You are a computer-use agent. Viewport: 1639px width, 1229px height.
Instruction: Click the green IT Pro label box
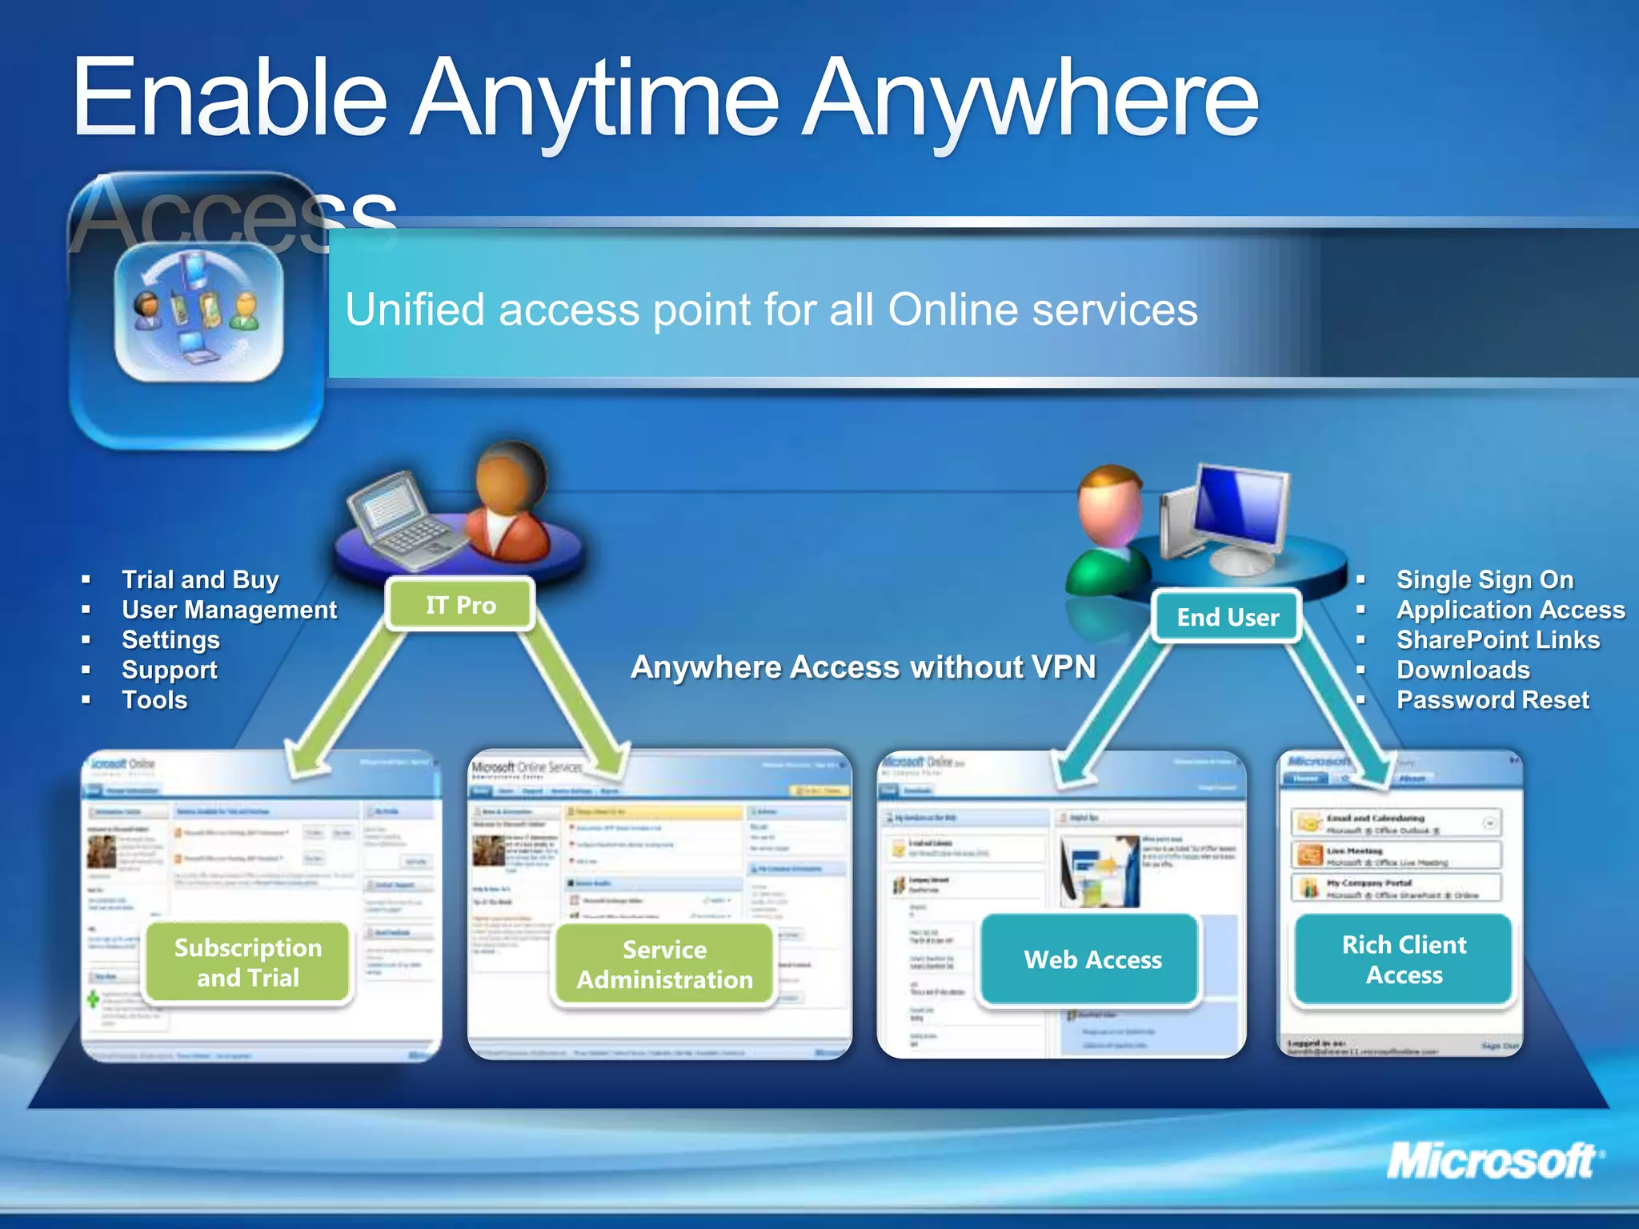(460, 605)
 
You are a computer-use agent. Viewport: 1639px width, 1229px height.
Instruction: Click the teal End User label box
(1228, 617)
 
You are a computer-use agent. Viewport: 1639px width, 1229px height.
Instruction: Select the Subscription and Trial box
(248, 963)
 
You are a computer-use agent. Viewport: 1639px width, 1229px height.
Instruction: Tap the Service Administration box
(664, 964)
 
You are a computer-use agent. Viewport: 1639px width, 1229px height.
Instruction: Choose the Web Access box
(1092, 959)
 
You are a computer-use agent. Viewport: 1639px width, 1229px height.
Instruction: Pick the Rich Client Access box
(1404, 959)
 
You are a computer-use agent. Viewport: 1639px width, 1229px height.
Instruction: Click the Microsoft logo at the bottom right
(1493, 1161)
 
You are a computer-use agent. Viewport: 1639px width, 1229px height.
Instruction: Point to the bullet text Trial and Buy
(200, 579)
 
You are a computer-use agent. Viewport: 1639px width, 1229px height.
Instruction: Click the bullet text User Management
(229, 610)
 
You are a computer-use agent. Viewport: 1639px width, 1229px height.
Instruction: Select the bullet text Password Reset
(1493, 700)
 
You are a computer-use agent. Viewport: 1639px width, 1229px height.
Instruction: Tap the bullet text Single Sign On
(1485, 579)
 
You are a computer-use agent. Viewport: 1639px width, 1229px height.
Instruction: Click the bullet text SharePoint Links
(1498, 640)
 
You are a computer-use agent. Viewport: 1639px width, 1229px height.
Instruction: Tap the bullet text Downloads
(1463, 670)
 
